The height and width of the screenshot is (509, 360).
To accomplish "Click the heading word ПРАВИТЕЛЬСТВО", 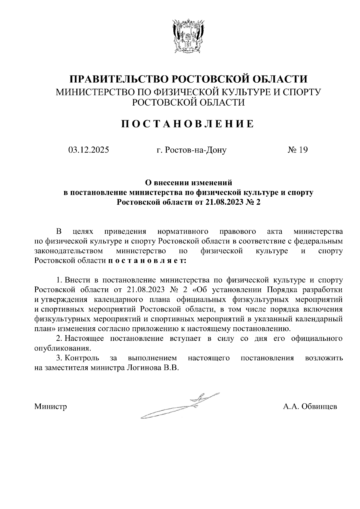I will tap(118, 79).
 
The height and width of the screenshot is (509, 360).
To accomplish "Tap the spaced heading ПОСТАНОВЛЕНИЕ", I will tap(187, 124).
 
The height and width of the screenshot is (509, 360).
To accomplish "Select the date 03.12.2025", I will tap(88, 150).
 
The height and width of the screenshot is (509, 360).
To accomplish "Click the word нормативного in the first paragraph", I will tap(183, 231).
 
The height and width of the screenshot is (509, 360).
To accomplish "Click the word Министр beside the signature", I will tap(51, 407).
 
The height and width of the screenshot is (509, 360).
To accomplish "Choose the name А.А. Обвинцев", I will tap(310, 407).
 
